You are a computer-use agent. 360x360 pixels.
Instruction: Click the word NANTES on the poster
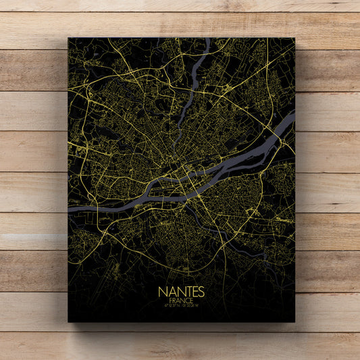(x=180, y=291)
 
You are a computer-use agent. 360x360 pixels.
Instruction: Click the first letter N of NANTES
(x=162, y=291)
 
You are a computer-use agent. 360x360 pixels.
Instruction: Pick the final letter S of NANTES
(x=199, y=291)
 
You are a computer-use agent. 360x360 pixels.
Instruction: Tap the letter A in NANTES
(x=170, y=291)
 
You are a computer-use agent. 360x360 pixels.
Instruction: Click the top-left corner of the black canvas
(x=68, y=38)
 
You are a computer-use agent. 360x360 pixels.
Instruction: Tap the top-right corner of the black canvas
(x=295, y=38)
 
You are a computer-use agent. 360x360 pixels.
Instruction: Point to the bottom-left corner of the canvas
(x=68, y=322)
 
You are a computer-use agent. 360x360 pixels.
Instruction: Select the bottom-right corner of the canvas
(x=295, y=322)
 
